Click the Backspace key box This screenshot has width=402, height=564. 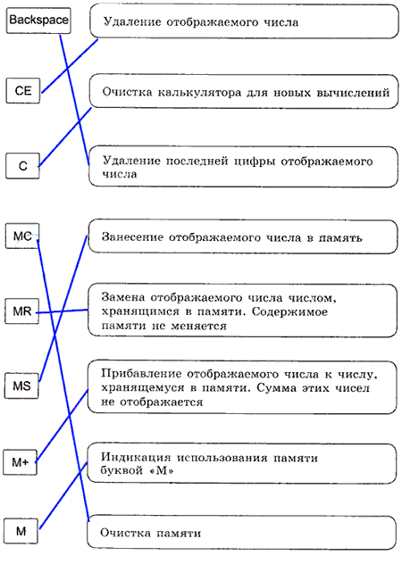(x=38, y=20)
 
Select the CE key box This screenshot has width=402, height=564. (x=23, y=90)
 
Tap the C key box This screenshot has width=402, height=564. (x=22, y=165)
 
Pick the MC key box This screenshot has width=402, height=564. (x=22, y=236)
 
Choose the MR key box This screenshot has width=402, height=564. (x=22, y=311)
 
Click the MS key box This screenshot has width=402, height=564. (x=21, y=386)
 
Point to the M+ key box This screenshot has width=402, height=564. (x=21, y=462)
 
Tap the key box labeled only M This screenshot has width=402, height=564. (x=21, y=531)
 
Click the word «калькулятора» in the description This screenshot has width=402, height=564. (x=199, y=93)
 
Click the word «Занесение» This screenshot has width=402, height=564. (x=132, y=237)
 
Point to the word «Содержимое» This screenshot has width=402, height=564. (x=289, y=311)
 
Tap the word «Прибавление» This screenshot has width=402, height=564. (x=141, y=373)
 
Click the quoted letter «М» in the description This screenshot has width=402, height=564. (x=162, y=470)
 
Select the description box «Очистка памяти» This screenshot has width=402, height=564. (x=242, y=533)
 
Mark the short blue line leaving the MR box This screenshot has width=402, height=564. (x=62, y=311)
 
